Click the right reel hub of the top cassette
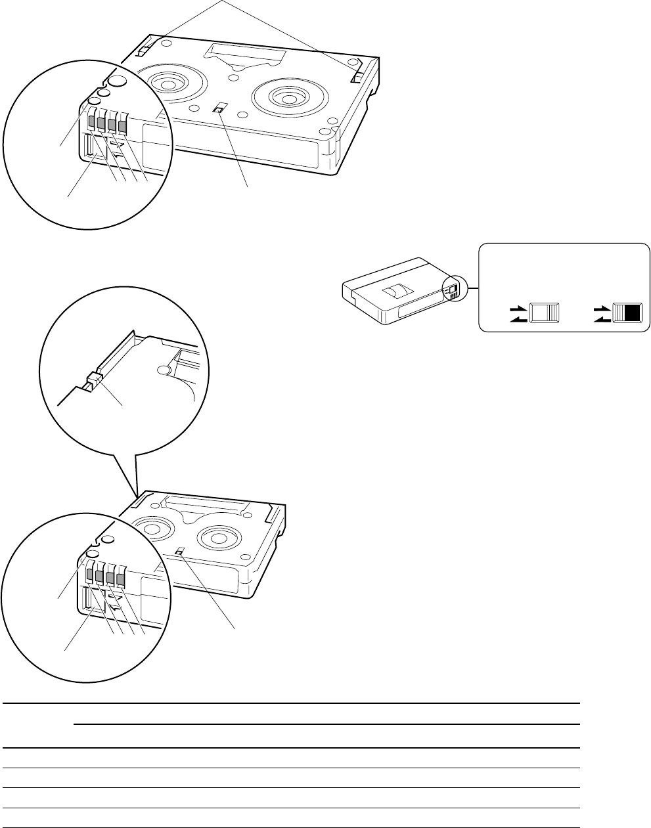point(287,97)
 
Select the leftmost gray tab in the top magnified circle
point(92,121)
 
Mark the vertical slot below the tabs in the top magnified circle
point(88,144)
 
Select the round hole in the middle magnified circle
point(162,370)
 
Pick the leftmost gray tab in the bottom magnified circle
point(90,576)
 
